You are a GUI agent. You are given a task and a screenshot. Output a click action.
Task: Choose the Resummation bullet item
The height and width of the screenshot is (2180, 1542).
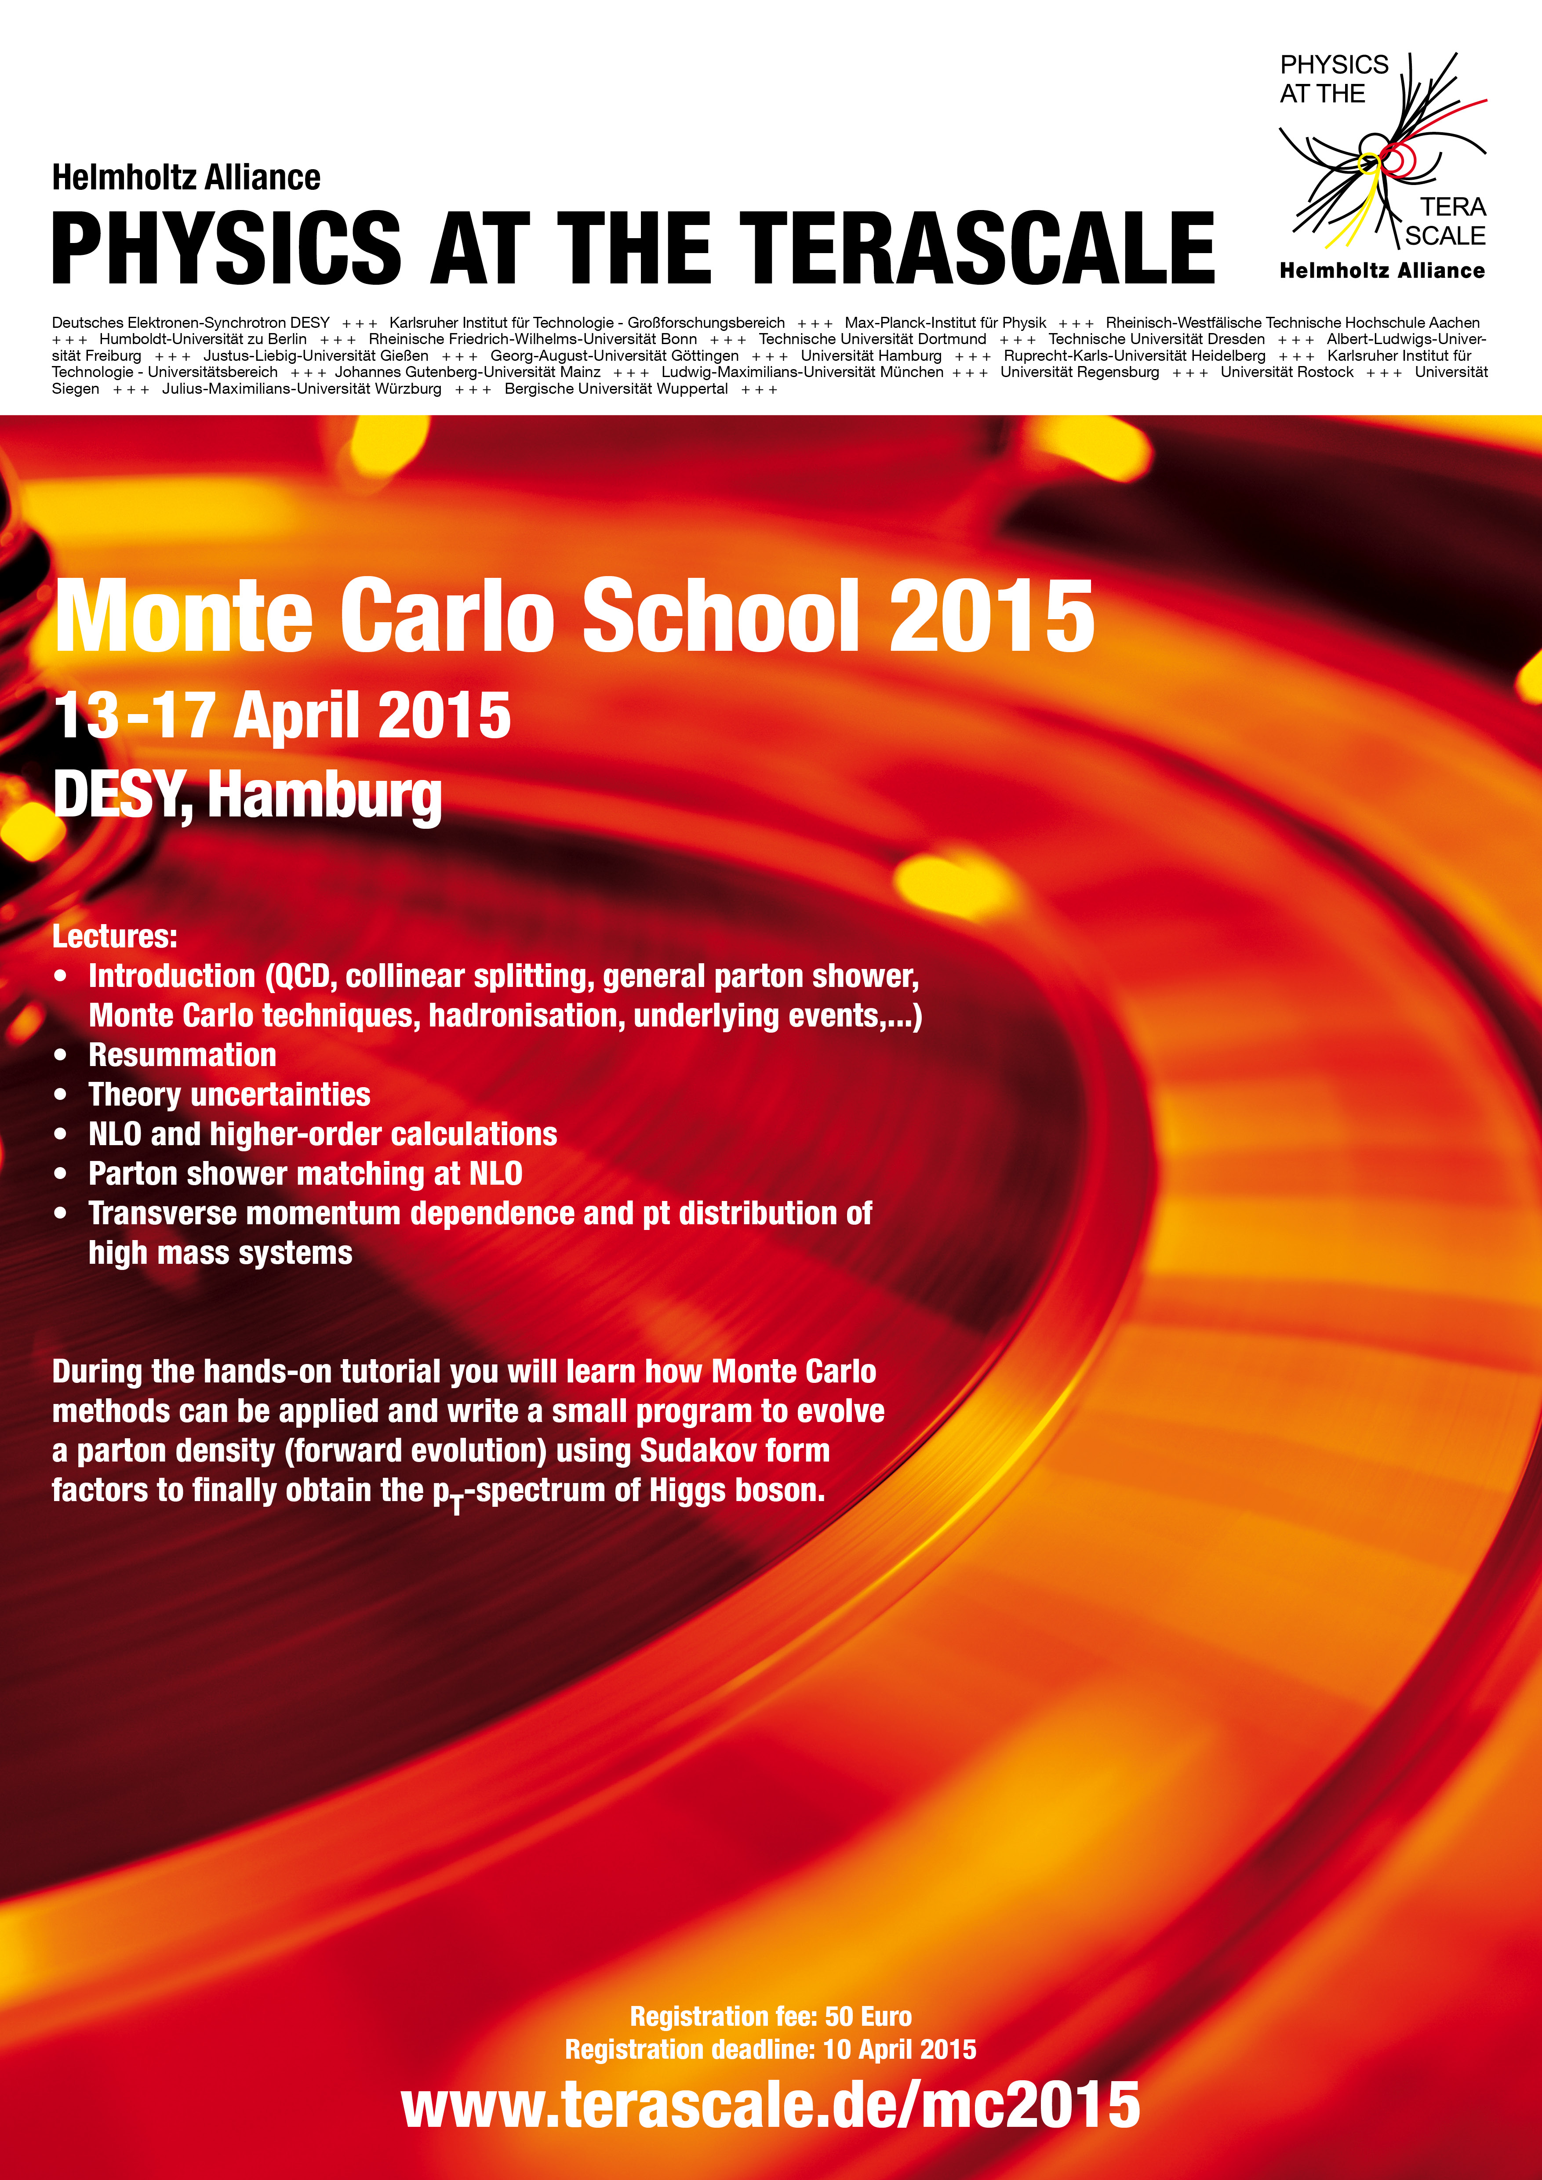182,1055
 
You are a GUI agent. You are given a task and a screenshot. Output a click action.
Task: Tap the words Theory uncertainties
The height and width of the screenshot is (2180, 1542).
229,1095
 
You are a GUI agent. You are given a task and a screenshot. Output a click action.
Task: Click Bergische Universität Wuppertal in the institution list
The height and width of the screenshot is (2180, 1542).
616,388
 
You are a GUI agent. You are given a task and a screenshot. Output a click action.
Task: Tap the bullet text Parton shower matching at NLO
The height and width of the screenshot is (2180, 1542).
305,1174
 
